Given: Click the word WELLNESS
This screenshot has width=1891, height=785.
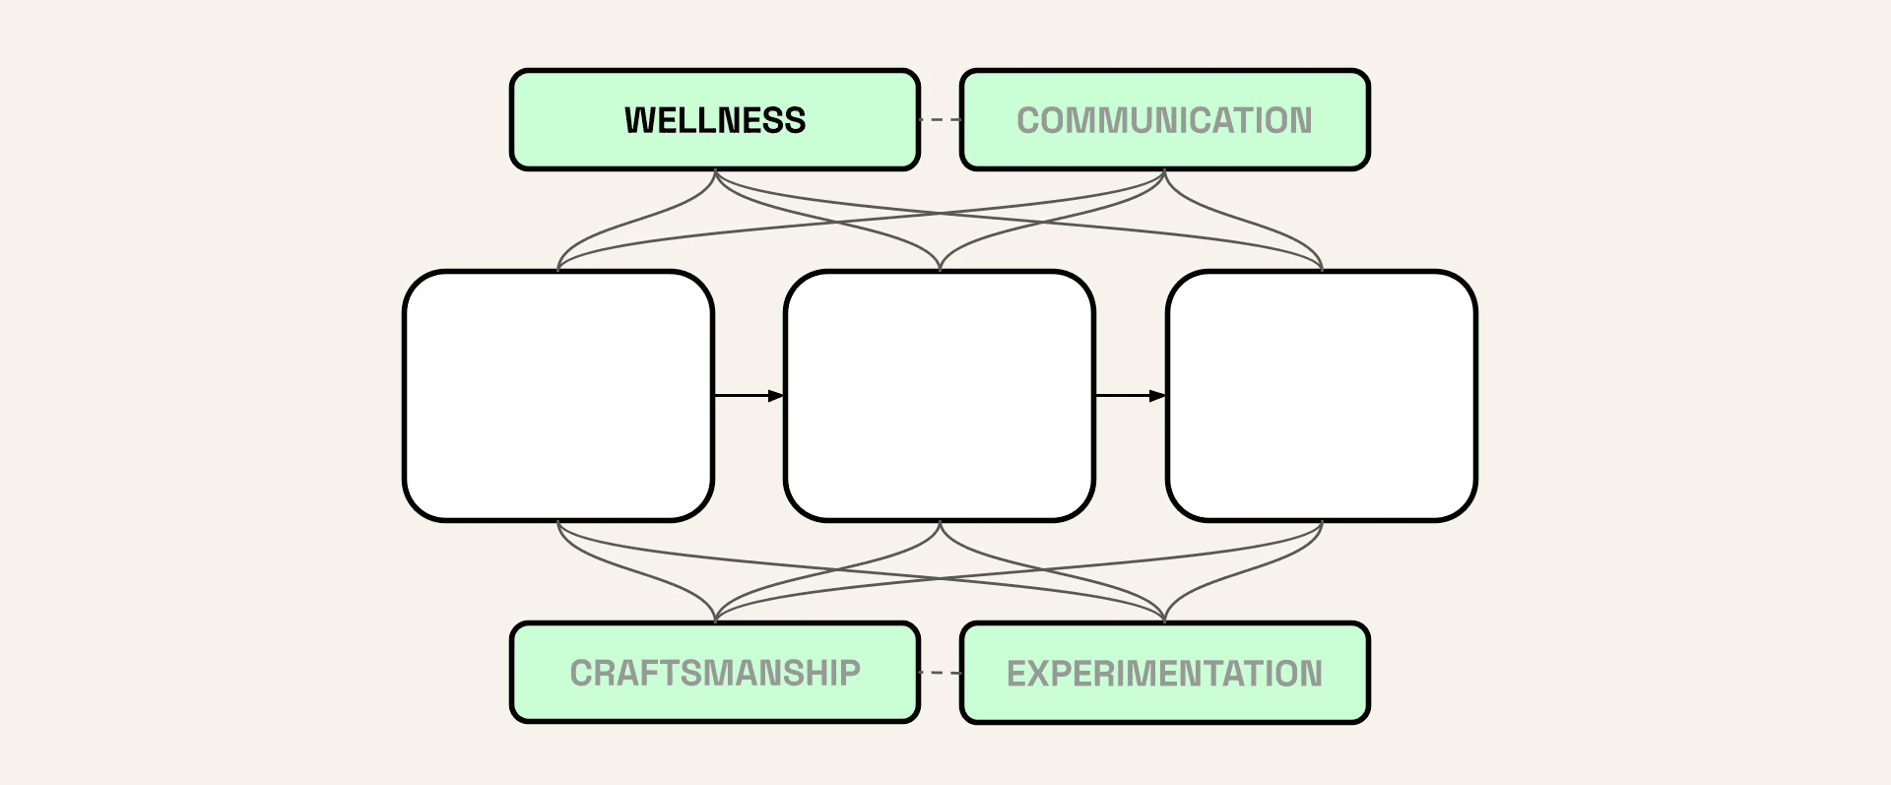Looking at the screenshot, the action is pos(715,120).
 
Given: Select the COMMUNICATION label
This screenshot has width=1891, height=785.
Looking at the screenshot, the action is pos(1164,120).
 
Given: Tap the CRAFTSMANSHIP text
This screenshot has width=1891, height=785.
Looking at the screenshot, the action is pos(715,673).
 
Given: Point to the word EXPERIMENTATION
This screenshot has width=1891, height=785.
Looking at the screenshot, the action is pos(1164,673).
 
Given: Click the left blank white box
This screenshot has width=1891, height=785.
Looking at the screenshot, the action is pos(558,396).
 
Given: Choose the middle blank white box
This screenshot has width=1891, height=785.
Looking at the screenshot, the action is pos(940,396).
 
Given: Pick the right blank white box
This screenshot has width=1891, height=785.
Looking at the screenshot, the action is pos(1322,396).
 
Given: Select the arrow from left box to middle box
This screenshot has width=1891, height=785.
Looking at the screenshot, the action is pos(749,396).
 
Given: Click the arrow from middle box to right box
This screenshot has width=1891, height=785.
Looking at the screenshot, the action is pos(1131,396).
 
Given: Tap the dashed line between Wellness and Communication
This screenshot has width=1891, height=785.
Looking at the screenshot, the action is pos(940,120).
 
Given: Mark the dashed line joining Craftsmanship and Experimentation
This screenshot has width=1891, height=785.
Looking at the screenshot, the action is pos(940,673).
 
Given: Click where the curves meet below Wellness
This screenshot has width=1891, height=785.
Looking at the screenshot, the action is pos(715,172).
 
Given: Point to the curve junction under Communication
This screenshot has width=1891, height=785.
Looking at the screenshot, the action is pos(1164,172).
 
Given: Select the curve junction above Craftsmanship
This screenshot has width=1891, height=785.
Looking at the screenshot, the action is pos(715,621).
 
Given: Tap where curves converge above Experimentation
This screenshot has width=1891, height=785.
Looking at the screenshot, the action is pos(1164,621).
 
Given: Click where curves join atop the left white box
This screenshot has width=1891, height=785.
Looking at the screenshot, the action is pos(558,268).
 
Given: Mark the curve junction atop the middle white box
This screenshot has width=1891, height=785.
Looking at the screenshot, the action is pos(940,268).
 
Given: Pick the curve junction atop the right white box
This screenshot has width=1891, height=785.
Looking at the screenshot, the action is pos(1322,268).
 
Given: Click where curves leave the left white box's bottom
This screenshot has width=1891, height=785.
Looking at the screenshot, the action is pos(558,524).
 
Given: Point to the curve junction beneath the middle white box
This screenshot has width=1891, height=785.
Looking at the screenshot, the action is pos(940,524).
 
